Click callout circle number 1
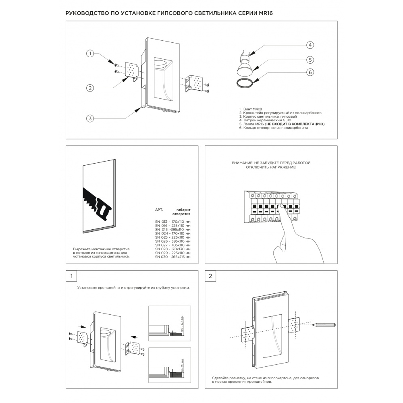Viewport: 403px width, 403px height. (x=91, y=53)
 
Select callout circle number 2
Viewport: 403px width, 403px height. (x=91, y=88)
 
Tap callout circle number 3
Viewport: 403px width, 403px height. (x=91, y=118)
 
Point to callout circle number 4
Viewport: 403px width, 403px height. (x=310, y=45)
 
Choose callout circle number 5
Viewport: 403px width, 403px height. (x=310, y=59)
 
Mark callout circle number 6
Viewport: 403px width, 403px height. (x=310, y=73)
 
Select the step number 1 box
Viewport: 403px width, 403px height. (x=71, y=276)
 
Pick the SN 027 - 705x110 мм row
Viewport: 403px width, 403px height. (x=173, y=245)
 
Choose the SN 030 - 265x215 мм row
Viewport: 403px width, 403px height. (x=173, y=257)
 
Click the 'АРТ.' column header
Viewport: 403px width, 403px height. (x=159, y=210)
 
